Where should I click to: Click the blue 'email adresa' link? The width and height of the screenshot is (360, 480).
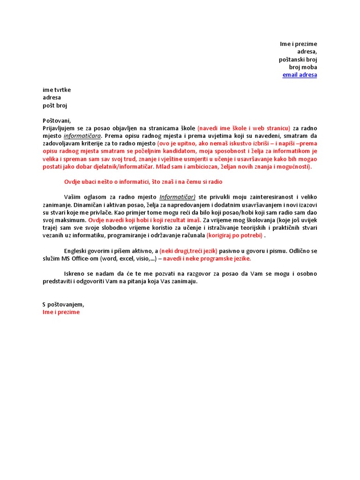point(300,75)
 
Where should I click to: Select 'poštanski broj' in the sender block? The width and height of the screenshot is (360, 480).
point(298,60)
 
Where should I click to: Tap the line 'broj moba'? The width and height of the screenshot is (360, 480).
point(302,67)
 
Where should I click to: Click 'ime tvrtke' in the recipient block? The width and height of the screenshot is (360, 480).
point(57,90)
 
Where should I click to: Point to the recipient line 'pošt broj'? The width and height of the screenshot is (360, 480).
point(55,105)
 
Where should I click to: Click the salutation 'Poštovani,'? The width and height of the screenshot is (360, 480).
point(57,121)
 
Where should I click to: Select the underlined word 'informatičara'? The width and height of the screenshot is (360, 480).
point(82,136)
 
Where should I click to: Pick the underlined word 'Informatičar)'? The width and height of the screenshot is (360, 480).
point(177,197)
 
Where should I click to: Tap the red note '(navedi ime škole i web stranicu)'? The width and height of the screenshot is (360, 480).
point(244,128)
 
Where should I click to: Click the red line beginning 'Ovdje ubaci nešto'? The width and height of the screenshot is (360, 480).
point(143,182)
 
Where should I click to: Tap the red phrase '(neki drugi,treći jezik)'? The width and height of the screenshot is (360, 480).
point(188,251)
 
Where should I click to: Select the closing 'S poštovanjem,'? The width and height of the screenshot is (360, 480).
point(63,304)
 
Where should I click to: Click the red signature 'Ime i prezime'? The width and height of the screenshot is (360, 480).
point(61,312)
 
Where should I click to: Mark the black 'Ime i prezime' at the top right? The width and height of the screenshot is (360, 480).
point(299,44)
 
